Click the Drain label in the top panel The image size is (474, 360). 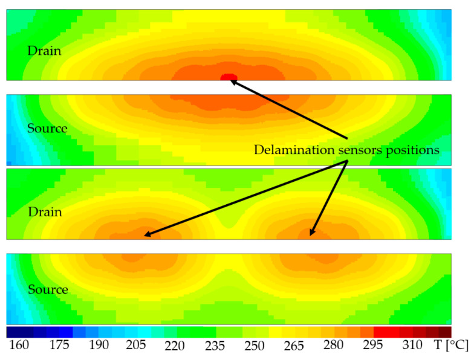click(44, 51)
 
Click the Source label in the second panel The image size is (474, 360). click(47, 129)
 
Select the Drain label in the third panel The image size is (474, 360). click(44, 212)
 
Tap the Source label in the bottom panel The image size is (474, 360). click(47, 290)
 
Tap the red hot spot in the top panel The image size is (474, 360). click(228, 77)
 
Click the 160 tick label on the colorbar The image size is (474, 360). click(19, 346)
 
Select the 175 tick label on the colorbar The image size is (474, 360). click(58, 346)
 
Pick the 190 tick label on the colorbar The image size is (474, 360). click(98, 346)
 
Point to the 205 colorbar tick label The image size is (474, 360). click(137, 346)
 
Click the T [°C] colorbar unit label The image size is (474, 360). click(451, 346)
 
